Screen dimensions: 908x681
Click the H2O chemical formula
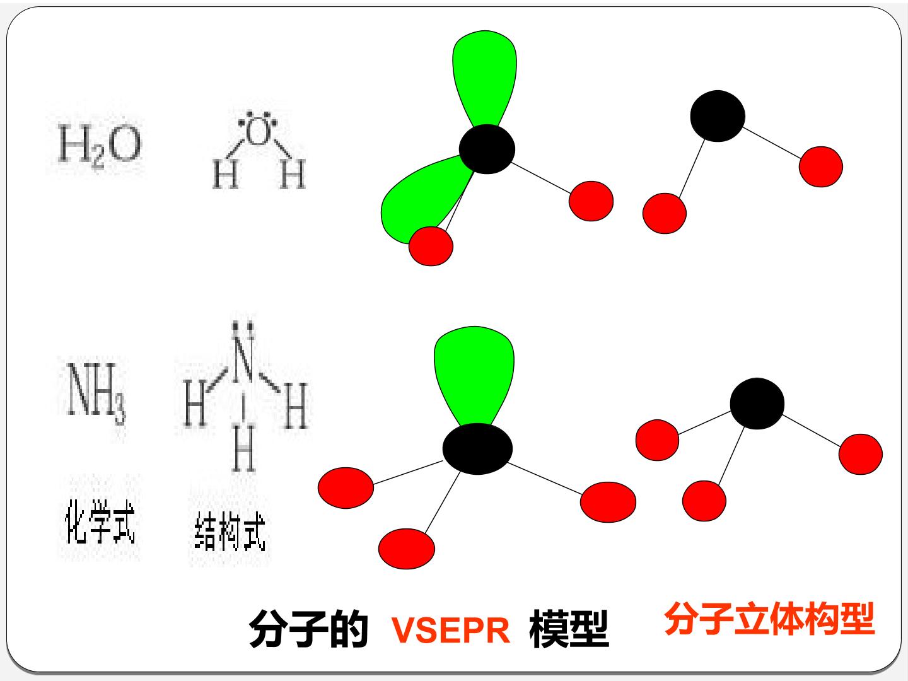pyautogui.click(x=100, y=146)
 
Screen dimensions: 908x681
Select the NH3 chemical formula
pyautogui.click(x=96, y=393)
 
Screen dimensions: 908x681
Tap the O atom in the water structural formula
pyautogui.click(x=257, y=133)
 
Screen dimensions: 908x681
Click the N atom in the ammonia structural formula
pyautogui.click(x=243, y=363)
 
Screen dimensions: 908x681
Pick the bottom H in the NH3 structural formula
pyautogui.click(x=243, y=448)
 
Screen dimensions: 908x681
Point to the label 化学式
pyautogui.click(x=100, y=521)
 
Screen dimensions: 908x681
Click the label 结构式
pyautogui.click(x=230, y=532)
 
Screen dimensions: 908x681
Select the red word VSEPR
pyautogui.click(x=450, y=631)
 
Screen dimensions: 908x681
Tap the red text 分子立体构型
pyautogui.click(x=769, y=619)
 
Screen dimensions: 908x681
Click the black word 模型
pyautogui.click(x=569, y=629)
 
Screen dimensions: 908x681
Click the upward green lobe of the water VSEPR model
pyautogui.click(x=485, y=78)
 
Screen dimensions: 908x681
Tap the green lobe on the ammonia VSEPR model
pyautogui.click(x=474, y=376)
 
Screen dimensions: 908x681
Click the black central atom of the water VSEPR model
pyautogui.click(x=487, y=149)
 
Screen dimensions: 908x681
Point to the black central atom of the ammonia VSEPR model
pyautogui.click(x=477, y=448)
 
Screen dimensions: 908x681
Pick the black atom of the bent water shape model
pyautogui.click(x=718, y=116)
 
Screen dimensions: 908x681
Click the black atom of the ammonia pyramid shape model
pyautogui.click(x=757, y=403)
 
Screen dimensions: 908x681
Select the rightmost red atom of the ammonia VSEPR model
pyautogui.click(x=608, y=502)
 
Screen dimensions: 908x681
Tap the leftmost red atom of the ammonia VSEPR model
pyautogui.click(x=346, y=487)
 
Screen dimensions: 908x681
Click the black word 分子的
pyautogui.click(x=308, y=629)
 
